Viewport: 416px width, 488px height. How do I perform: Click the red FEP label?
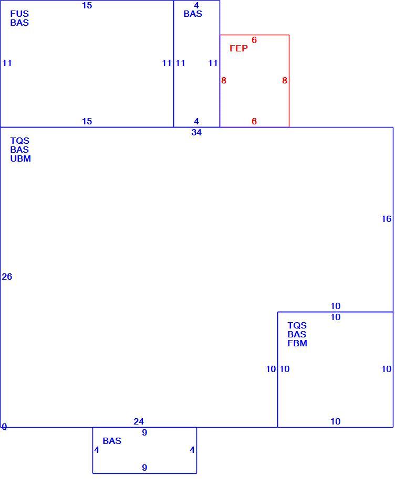click(238, 48)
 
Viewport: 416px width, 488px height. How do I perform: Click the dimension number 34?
click(196, 132)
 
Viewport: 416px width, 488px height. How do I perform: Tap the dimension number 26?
click(7, 277)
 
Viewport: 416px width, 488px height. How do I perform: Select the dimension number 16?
click(387, 219)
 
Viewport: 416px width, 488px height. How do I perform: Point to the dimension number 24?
click(139, 421)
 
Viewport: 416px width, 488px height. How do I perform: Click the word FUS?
click(19, 14)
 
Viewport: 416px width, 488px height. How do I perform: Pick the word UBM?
click(20, 158)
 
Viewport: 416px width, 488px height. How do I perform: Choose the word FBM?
click(297, 343)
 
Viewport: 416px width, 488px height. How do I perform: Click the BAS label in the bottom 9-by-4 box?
click(112, 441)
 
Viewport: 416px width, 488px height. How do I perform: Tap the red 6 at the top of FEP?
click(254, 40)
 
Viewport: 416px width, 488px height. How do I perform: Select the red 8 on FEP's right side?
click(285, 81)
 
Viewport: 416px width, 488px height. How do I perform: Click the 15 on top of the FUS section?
click(87, 5)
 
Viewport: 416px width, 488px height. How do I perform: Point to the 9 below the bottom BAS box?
click(144, 468)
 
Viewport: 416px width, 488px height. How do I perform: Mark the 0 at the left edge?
click(4, 427)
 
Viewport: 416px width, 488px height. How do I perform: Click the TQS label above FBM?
click(297, 325)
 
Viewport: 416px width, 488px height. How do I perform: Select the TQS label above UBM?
click(19, 141)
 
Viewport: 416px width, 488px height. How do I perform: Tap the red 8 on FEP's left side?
click(224, 81)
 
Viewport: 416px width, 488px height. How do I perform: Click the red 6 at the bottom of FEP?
click(254, 121)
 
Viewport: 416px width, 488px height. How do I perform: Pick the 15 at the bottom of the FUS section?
click(87, 121)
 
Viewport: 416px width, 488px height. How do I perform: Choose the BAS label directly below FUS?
click(19, 23)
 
